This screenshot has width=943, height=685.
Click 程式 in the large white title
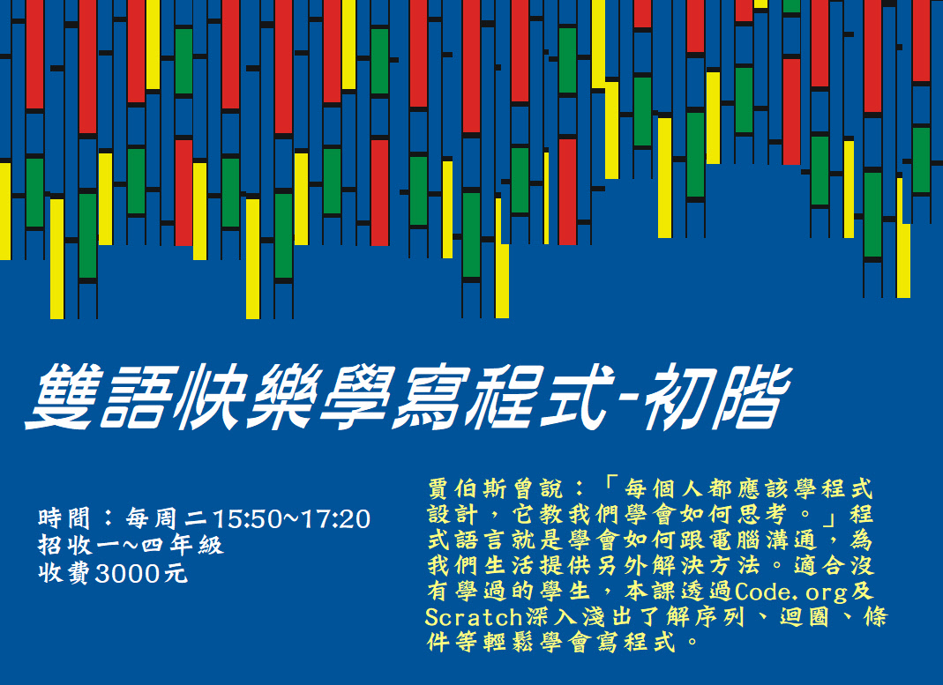click(x=542, y=397)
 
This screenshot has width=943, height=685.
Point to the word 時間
click(x=64, y=518)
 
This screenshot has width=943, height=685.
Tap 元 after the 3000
click(x=176, y=574)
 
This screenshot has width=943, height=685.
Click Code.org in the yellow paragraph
click(x=790, y=592)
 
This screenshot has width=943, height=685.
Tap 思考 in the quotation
click(x=760, y=514)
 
